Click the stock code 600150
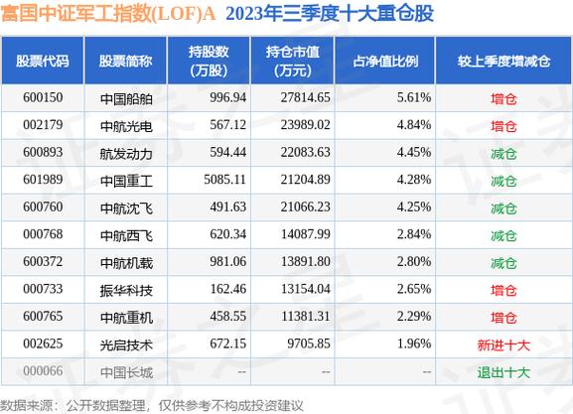pos(43,97)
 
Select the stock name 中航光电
pos(126,126)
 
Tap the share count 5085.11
pos(224,180)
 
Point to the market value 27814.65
pos(305,97)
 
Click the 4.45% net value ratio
pos(414,152)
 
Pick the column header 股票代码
pos(43,61)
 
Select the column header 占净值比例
pos(385,61)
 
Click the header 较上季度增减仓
pos(503,61)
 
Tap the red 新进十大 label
pos(503,345)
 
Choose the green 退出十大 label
pos(503,372)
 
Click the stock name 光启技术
pos(126,345)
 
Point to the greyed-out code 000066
pos(43,371)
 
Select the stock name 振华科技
pos(126,290)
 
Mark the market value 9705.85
pos(309,344)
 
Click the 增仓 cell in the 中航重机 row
pos(503,318)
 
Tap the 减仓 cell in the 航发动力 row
pos(503,154)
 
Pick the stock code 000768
pos(43,234)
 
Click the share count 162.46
pos(228,289)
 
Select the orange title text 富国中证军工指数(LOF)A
pos(108,14)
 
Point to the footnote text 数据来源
pos(26,405)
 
